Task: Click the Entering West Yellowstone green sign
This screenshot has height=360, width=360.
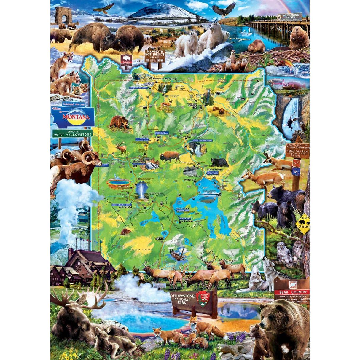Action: click(72, 133)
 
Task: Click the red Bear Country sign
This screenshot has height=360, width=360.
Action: click(292, 292)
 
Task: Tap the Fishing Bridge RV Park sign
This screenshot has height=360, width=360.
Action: click(289, 17)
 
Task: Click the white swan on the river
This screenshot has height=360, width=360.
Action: click(250, 32)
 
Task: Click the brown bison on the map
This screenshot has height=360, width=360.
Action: click(170, 156)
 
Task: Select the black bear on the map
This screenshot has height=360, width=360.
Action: click(219, 163)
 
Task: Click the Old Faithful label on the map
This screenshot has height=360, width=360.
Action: click(125, 207)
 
